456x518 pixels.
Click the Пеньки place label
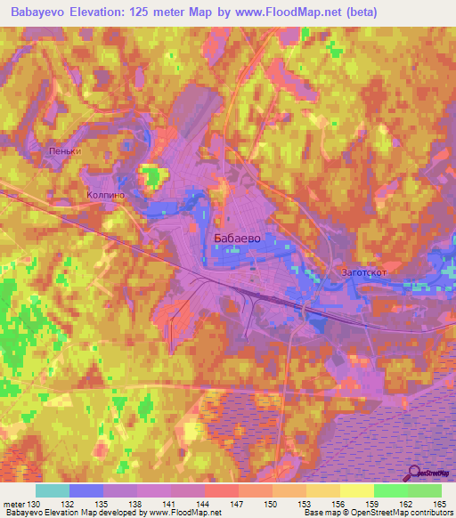(66, 151)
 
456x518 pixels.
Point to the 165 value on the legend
(439, 505)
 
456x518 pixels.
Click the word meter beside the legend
(12, 505)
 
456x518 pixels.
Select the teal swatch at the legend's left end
(52, 490)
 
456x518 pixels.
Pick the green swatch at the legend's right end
(424, 490)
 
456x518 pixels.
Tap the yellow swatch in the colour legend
(356, 490)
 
